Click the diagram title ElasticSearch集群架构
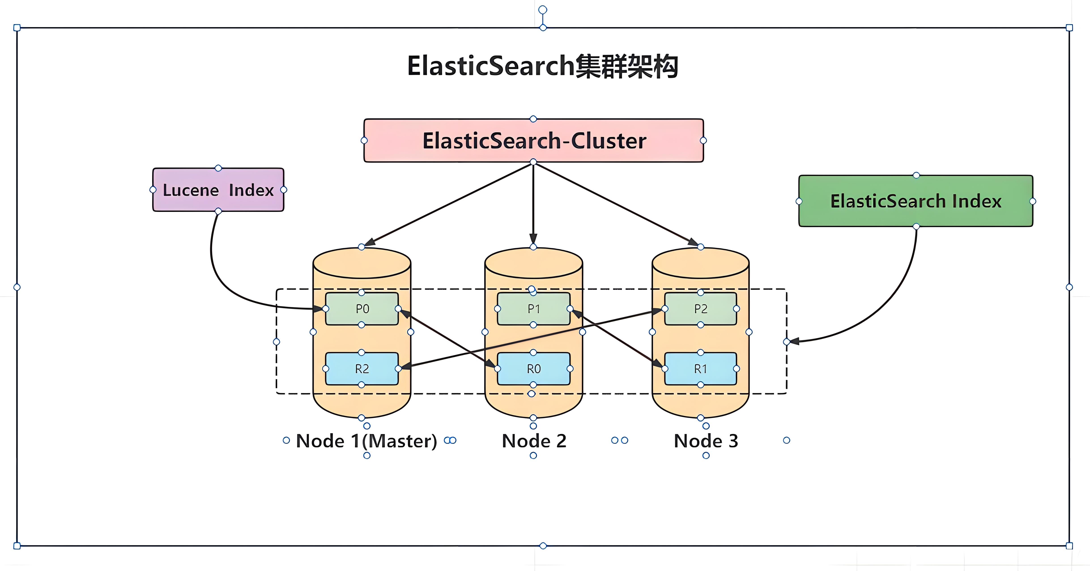543,66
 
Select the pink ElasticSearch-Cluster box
534,141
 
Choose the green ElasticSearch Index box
916,201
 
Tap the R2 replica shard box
362,369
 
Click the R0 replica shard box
534,369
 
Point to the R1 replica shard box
701,369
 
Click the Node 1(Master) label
366,441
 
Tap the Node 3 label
706,441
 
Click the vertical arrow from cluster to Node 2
533,203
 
